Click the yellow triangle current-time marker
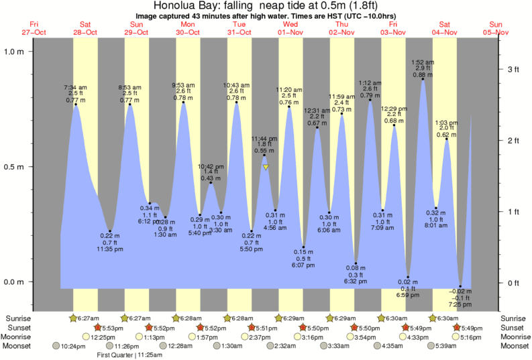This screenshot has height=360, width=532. pos(266,168)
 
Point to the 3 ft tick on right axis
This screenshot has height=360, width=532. pos(500,69)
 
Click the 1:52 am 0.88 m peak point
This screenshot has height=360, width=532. pos(423,80)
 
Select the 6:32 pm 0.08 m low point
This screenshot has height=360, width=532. pos(356,263)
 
